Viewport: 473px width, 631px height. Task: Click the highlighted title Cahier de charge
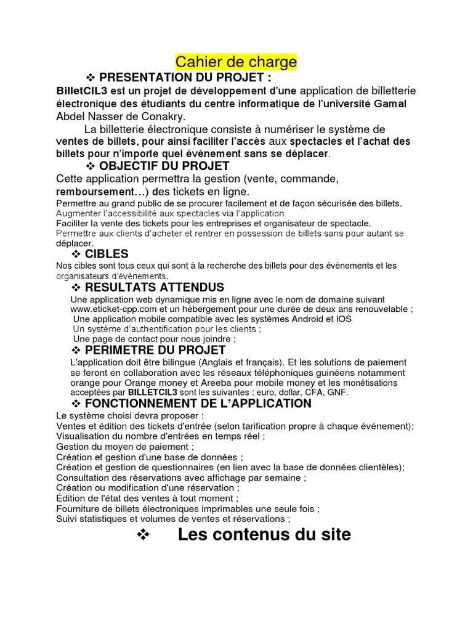click(x=236, y=62)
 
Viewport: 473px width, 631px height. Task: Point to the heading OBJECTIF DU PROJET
click(x=164, y=166)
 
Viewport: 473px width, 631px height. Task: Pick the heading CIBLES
click(x=107, y=254)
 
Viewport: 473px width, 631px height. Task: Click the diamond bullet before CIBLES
click(x=76, y=254)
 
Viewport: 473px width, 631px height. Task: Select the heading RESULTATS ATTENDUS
click(x=154, y=288)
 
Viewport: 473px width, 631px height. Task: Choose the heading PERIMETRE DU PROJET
click(x=155, y=350)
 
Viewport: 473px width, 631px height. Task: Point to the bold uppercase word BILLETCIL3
click(x=151, y=392)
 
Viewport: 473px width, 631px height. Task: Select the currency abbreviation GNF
click(x=337, y=392)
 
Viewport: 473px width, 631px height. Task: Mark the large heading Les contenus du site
click(x=264, y=534)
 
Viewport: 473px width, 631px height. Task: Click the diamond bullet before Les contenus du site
click(x=143, y=535)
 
